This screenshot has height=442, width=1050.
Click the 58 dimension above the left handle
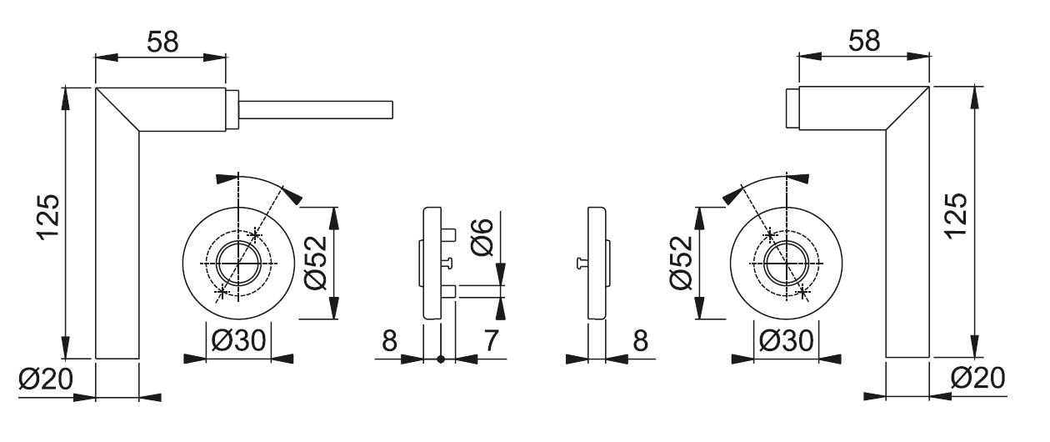tap(162, 42)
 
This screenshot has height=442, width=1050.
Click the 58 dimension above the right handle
tap(864, 41)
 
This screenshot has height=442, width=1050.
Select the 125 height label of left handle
tap(49, 218)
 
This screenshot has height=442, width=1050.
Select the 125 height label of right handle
tap(957, 216)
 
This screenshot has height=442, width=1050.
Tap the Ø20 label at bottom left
tap(46, 379)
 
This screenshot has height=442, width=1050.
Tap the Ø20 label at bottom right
tap(978, 378)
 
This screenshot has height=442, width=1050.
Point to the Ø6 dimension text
tap(482, 238)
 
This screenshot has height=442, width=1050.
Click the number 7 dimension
tap(490, 340)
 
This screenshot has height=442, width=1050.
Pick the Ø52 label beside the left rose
tap(315, 263)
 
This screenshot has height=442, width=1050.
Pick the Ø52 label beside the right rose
tap(681, 263)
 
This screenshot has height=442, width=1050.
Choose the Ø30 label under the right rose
tap(786, 340)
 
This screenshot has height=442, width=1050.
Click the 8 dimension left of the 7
tap(389, 340)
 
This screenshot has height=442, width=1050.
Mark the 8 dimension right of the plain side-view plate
tap(640, 340)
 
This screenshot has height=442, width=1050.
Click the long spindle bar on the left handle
tap(316, 110)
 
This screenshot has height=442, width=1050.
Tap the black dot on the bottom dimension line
tap(441, 359)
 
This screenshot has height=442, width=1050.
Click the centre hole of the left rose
tap(238, 264)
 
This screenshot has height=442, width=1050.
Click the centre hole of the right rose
tap(786, 264)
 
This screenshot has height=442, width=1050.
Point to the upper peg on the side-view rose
tap(448, 234)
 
